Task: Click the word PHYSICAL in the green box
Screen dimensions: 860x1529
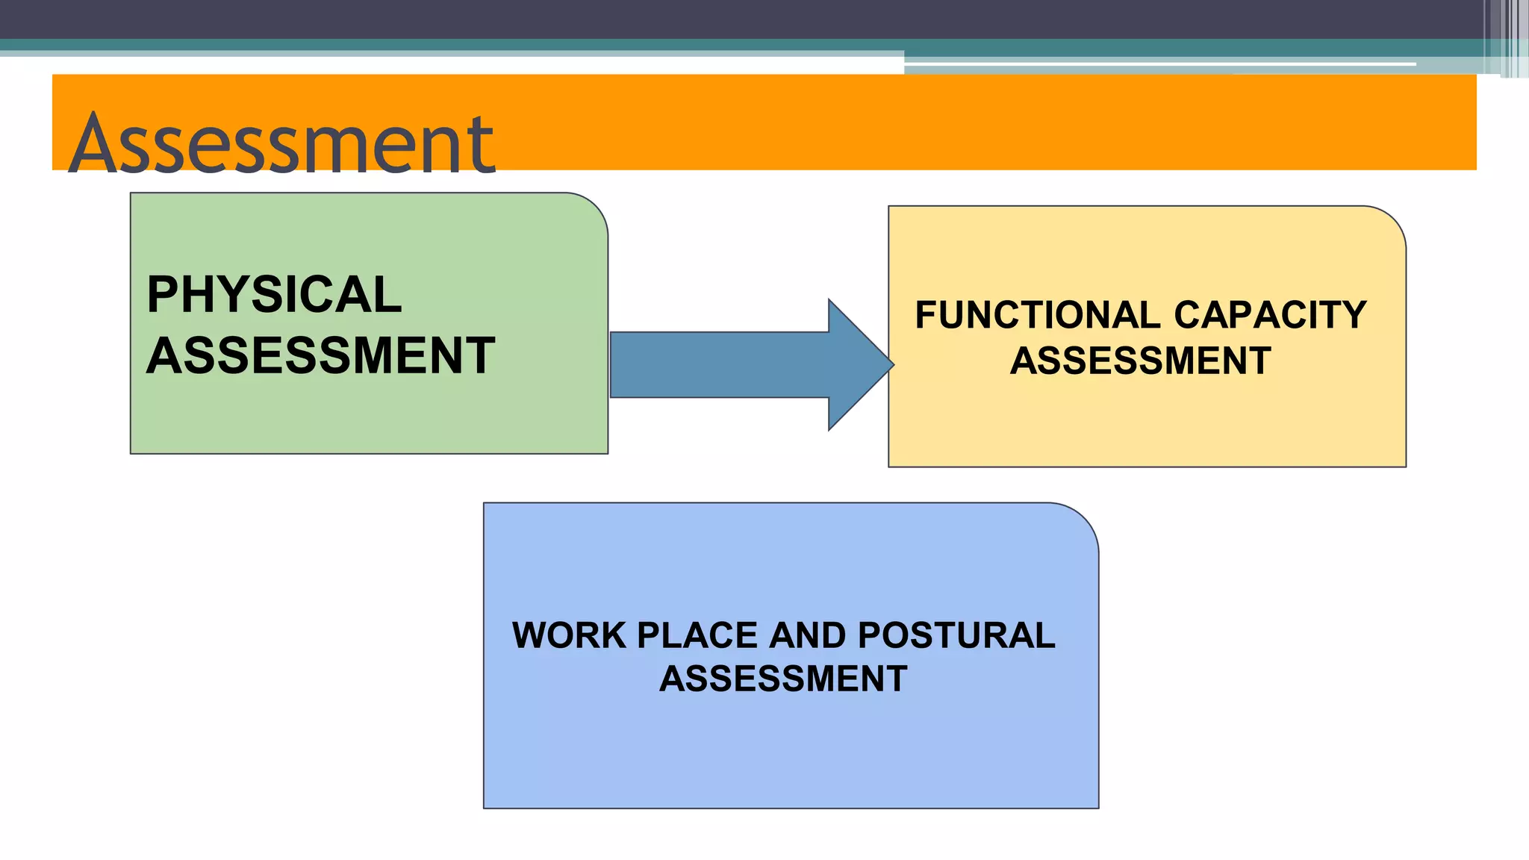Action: click(x=274, y=294)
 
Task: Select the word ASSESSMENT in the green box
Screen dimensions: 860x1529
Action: click(x=321, y=355)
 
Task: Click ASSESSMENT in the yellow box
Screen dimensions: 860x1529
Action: click(x=1140, y=361)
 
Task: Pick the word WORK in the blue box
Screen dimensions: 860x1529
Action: click(x=569, y=636)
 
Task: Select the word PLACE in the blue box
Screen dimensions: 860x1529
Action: click(x=697, y=636)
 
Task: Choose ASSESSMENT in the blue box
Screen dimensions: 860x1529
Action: click(x=783, y=679)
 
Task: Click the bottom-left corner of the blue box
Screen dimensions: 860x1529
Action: click(x=485, y=806)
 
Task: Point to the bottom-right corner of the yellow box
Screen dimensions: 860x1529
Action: click(x=1404, y=465)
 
